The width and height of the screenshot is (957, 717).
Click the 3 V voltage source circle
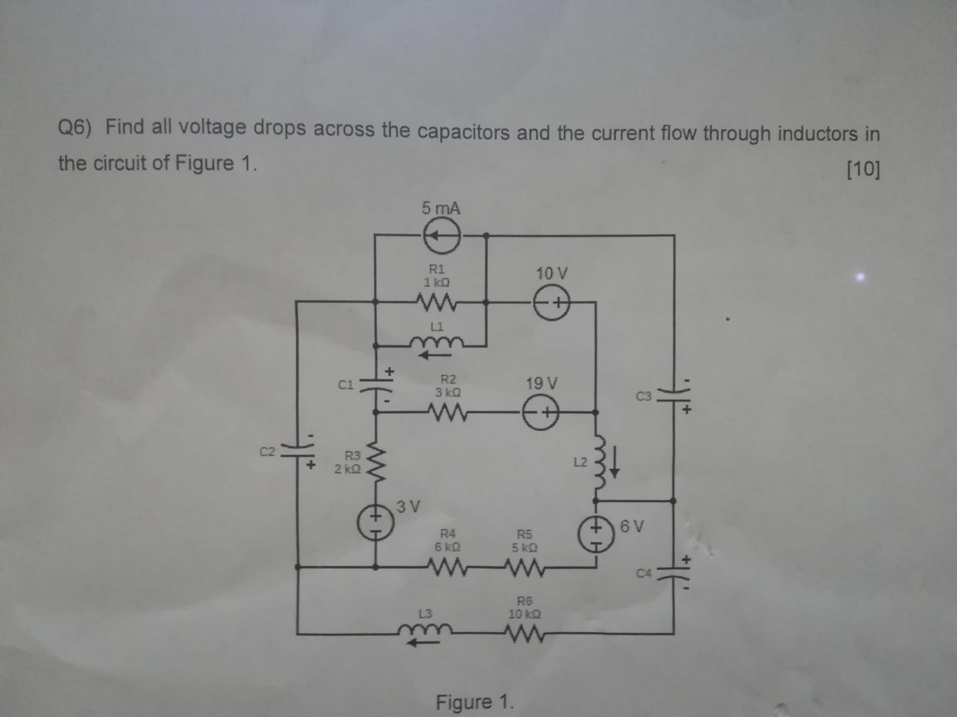pos(376,523)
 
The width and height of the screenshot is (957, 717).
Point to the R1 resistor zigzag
pos(441,304)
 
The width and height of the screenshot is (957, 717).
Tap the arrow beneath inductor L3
pos(423,643)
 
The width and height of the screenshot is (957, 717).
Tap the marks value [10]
pos(863,170)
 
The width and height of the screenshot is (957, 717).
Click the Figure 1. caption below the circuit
pos(474,701)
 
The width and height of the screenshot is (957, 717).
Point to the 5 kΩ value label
pos(525,547)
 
